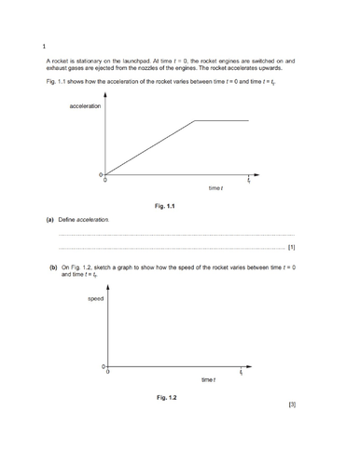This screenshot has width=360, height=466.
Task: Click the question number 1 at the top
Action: [x=44, y=46]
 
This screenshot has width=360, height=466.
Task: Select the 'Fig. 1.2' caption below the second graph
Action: [x=167, y=397]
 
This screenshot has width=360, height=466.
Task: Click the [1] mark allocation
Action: [x=292, y=248]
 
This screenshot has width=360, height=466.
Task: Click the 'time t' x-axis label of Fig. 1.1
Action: [x=215, y=189]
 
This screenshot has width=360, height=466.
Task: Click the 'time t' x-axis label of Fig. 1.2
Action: [x=208, y=380]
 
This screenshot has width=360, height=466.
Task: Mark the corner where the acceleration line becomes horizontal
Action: [x=193, y=120]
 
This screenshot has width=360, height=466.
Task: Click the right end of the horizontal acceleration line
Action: [x=249, y=120]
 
